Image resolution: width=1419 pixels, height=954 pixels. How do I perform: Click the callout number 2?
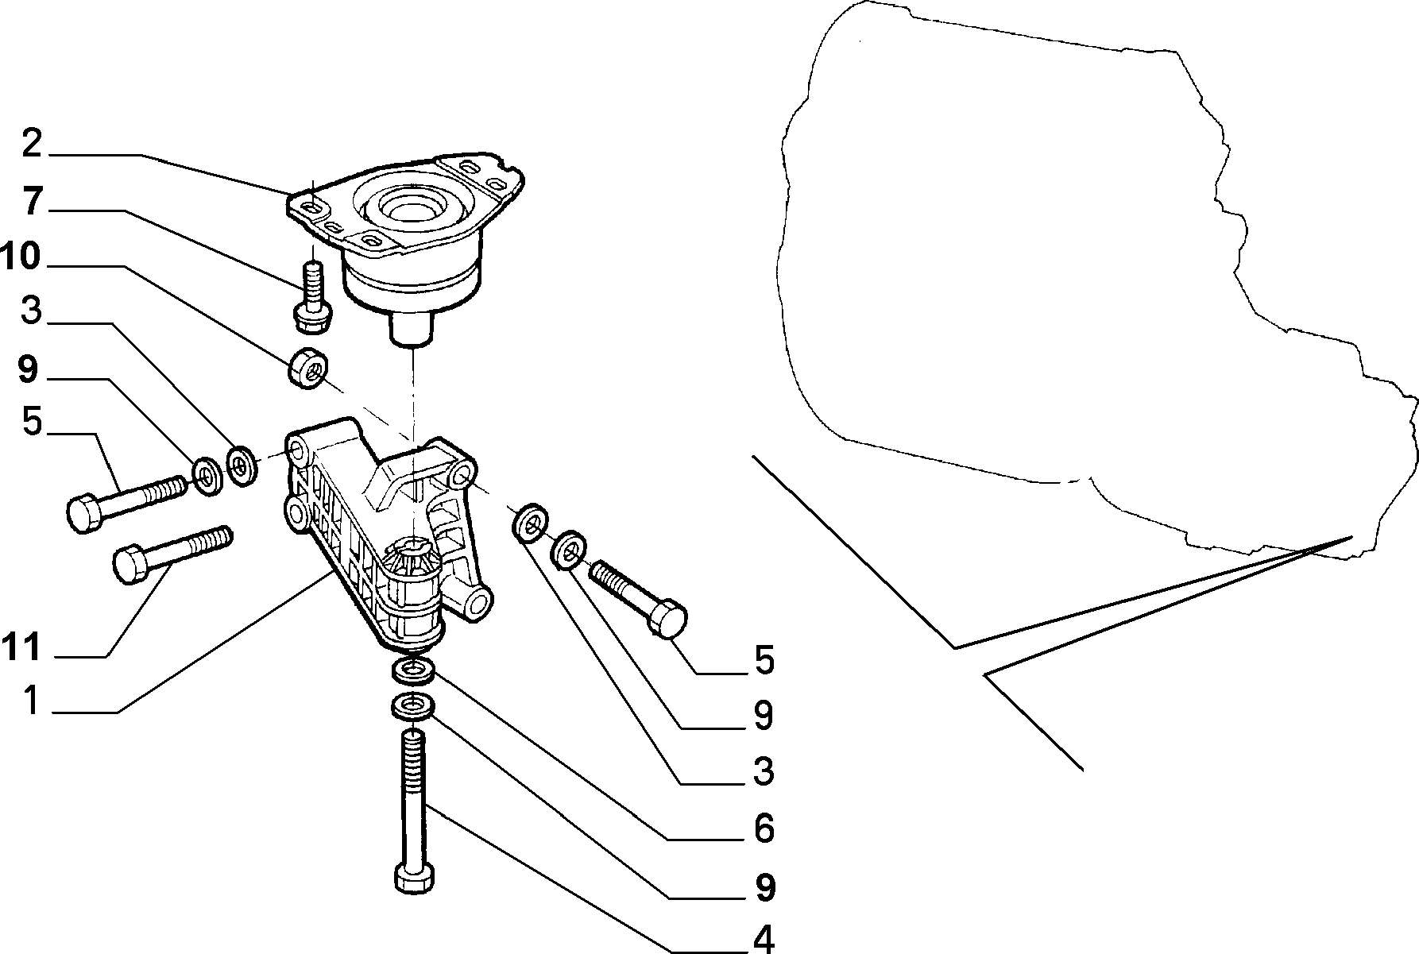pyautogui.click(x=31, y=144)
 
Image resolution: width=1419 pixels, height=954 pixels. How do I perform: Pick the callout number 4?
pyautogui.click(x=764, y=938)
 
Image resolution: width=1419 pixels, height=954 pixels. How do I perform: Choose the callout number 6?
pyautogui.click(x=764, y=828)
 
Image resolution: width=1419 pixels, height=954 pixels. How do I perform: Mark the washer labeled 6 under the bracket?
pyautogui.click(x=413, y=670)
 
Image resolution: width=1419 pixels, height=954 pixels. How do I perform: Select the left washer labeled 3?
pyautogui.click(x=241, y=465)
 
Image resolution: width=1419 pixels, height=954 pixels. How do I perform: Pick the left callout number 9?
pyautogui.click(x=29, y=370)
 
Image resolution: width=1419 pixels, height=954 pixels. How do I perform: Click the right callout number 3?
pyautogui.click(x=764, y=771)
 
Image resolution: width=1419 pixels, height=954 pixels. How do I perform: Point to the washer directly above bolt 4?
pyautogui.click(x=412, y=705)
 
